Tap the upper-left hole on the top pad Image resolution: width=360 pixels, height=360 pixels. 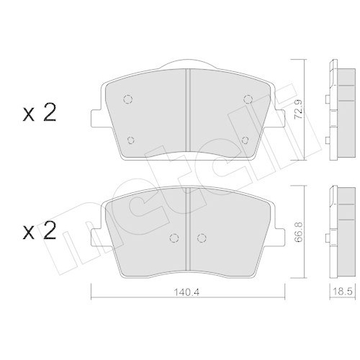coord(127,99)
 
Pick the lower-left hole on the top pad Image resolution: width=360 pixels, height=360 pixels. coord(131,140)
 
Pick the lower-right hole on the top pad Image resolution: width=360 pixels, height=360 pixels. coord(245,140)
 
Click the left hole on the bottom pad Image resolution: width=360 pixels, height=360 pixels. coord(173,236)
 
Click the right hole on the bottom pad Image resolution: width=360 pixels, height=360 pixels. coord(202,236)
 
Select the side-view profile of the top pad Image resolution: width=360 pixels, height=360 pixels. coord(333,112)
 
